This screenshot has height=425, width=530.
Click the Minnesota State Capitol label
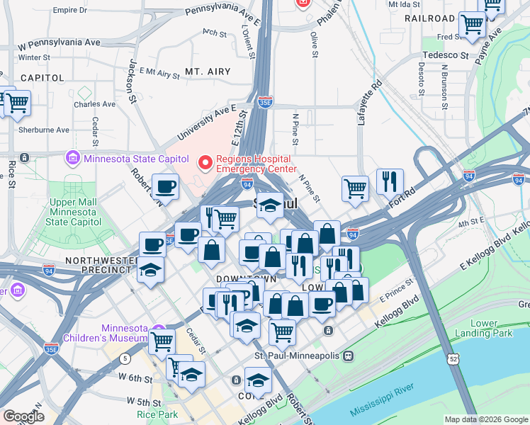click(x=136, y=159)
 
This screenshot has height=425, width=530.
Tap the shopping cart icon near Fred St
click(x=472, y=23)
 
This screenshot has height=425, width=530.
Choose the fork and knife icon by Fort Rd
click(x=389, y=181)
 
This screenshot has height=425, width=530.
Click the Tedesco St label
click(x=446, y=55)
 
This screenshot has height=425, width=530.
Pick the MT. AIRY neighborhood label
click(x=203, y=72)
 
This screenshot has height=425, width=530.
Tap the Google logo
click(x=23, y=416)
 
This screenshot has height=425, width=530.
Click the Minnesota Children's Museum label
click(x=123, y=333)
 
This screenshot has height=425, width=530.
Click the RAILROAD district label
click(x=429, y=18)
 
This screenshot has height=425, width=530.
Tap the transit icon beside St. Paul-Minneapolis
click(x=348, y=355)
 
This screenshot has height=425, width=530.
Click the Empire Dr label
click(x=69, y=11)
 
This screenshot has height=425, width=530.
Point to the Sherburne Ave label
click(x=44, y=130)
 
